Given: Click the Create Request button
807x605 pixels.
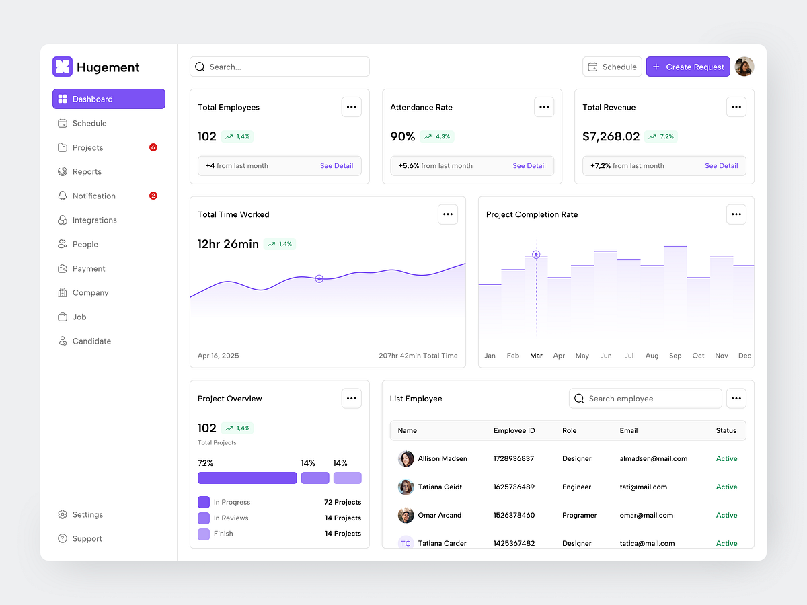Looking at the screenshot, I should pos(688,67).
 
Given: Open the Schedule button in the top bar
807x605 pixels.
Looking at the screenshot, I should pos(612,67).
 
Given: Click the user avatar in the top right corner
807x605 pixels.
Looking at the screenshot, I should pos(744,67).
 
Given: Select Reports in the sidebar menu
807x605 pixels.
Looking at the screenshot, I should pos(87,171).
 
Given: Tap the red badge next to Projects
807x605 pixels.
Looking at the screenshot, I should pos(153,147).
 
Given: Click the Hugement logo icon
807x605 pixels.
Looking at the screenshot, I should pos(62,67).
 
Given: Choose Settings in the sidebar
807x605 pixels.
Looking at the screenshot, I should pos(87,514).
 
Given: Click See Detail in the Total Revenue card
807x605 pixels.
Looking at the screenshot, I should pos(721,166).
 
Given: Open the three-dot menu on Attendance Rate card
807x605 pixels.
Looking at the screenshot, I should pos(544,107).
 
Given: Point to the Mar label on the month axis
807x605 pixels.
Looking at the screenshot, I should pos(536,356).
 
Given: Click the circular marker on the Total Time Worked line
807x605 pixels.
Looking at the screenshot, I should pos(319,278).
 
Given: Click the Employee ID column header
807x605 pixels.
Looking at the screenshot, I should pos(514,430).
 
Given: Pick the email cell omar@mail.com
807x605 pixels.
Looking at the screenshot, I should pos(646,515).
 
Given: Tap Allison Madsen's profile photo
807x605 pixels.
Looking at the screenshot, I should pos(406,458).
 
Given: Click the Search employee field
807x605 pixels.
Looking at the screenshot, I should pos(646,399).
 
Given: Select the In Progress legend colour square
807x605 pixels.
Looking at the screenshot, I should pos(204,502).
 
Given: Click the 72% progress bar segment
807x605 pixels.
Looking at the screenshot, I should pos(247,478).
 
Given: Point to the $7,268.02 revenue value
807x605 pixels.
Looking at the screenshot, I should pos(611,136).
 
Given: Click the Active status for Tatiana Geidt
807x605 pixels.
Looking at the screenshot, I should pos(726,487).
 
